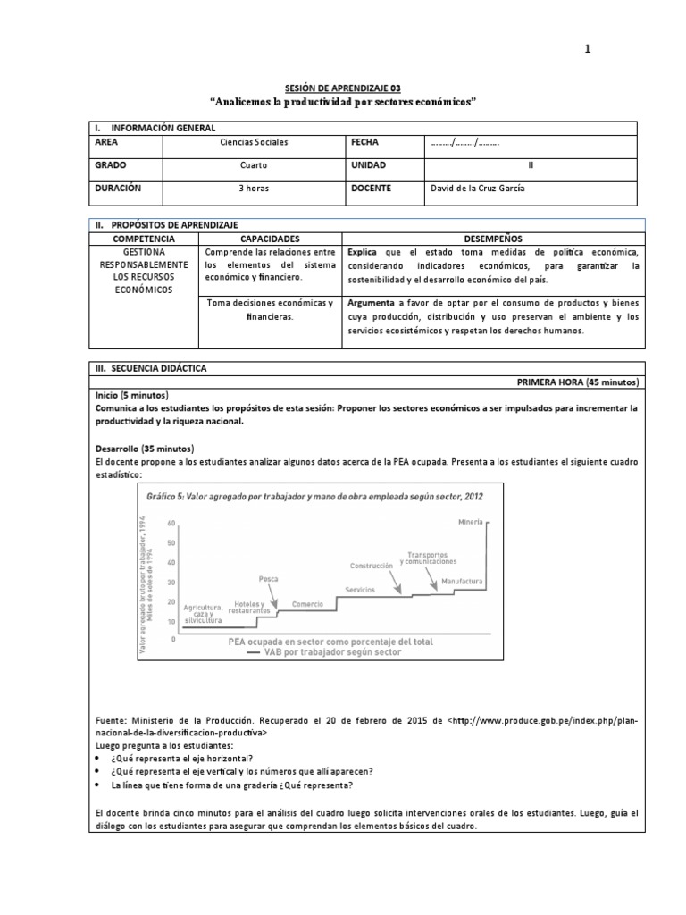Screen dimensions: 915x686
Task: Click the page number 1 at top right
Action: (x=587, y=49)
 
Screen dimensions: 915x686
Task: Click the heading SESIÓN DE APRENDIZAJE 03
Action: (x=344, y=88)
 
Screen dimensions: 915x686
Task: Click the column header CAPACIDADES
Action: (x=270, y=239)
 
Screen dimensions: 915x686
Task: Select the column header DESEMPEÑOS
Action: (x=493, y=239)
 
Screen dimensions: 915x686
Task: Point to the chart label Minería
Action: (x=471, y=521)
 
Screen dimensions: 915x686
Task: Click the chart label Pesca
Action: (x=268, y=578)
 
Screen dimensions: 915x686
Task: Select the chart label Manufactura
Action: (x=462, y=582)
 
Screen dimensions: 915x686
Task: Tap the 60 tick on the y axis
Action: (x=171, y=525)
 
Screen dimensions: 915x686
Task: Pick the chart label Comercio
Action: (x=307, y=605)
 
